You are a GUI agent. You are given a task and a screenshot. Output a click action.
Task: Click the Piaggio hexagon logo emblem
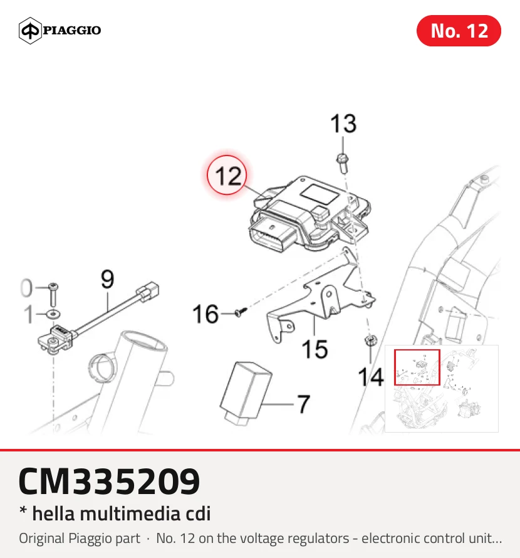(x=30, y=31)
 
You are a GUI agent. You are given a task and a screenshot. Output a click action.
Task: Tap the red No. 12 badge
(x=459, y=31)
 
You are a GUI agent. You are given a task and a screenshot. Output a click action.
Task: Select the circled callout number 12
(x=227, y=176)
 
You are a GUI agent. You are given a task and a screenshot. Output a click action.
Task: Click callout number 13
(x=343, y=124)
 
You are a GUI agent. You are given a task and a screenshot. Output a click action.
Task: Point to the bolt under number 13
(x=343, y=164)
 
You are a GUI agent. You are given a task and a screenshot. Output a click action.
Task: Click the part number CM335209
(x=109, y=481)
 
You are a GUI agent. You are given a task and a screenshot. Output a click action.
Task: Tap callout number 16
(x=205, y=314)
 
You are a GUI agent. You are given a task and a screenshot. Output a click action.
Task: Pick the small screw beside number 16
(x=241, y=312)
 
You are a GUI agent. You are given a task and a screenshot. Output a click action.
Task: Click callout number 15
(x=315, y=349)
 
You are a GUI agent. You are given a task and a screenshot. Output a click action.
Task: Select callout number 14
(x=371, y=377)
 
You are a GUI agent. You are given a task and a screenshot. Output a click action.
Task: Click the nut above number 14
(x=371, y=340)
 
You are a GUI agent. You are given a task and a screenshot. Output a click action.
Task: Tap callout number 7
(x=303, y=404)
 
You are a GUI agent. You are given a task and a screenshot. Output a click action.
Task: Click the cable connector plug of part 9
(x=148, y=291)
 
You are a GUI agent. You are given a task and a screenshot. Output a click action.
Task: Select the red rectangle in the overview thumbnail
(x=417, y=367)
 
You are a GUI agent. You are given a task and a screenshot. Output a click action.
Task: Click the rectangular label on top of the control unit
(x=320, y=194)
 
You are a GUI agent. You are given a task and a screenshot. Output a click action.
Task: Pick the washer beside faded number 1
(x=53, y=314)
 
